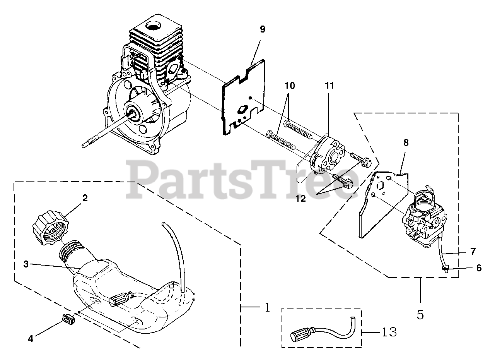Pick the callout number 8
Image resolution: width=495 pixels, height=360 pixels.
406,142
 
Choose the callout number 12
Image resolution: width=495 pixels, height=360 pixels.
300,199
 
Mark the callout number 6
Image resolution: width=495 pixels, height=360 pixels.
479,268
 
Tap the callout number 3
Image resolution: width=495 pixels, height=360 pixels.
26,264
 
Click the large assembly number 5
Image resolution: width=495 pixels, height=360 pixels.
420,315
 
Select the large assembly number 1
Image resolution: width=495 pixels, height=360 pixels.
267,308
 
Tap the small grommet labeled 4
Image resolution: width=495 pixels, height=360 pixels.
68,321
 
